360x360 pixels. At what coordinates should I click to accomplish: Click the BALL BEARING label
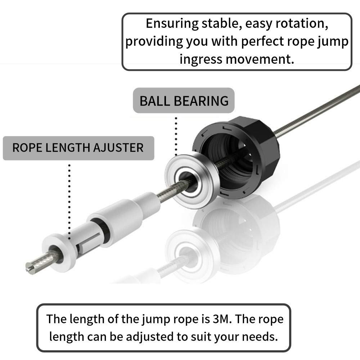pos(184,100)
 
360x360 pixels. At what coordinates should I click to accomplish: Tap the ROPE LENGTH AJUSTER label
pos(78,148)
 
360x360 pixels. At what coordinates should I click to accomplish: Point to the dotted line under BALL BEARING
pos(176,135)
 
